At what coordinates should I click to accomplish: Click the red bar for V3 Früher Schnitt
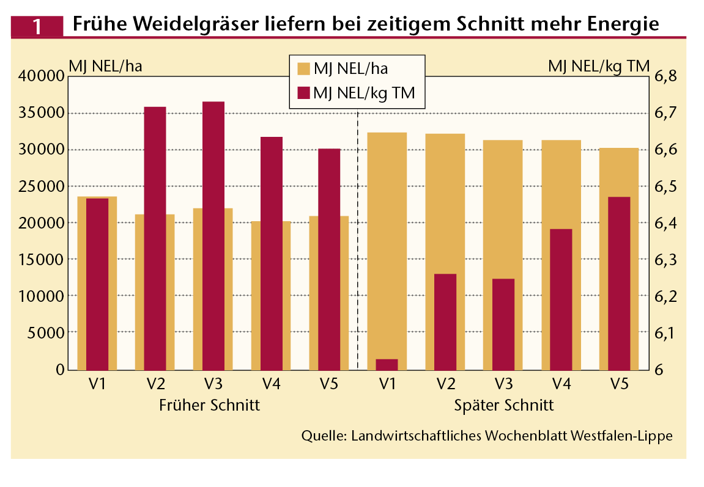coord(213,235)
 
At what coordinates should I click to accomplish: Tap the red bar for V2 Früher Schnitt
coord(155,238)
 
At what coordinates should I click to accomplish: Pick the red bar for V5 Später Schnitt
coord(619,283)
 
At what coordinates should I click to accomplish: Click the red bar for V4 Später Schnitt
coord(561,299)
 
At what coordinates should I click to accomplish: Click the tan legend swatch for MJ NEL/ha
coord(303,69)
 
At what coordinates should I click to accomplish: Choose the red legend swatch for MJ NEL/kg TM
coord(303,93)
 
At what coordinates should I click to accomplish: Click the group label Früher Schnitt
coord(210,406)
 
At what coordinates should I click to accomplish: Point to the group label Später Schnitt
coord(504,406)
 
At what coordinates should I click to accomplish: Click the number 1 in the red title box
coord(37,26)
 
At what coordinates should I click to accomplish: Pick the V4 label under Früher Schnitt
coord(271,385)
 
